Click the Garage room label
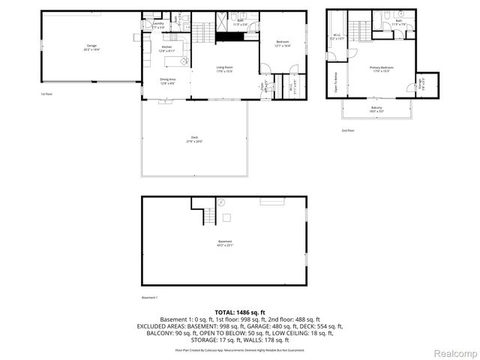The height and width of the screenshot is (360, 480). (91, 47)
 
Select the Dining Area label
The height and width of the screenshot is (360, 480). (167, 79)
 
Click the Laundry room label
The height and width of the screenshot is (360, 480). (158, 25)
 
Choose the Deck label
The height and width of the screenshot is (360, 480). (194, 139)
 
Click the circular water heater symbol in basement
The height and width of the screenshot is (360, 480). (221, 202)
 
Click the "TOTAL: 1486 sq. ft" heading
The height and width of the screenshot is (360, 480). (240, 311)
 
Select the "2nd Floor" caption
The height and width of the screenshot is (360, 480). (348, 130)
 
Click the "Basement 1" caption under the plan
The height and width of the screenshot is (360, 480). (150, 298)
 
